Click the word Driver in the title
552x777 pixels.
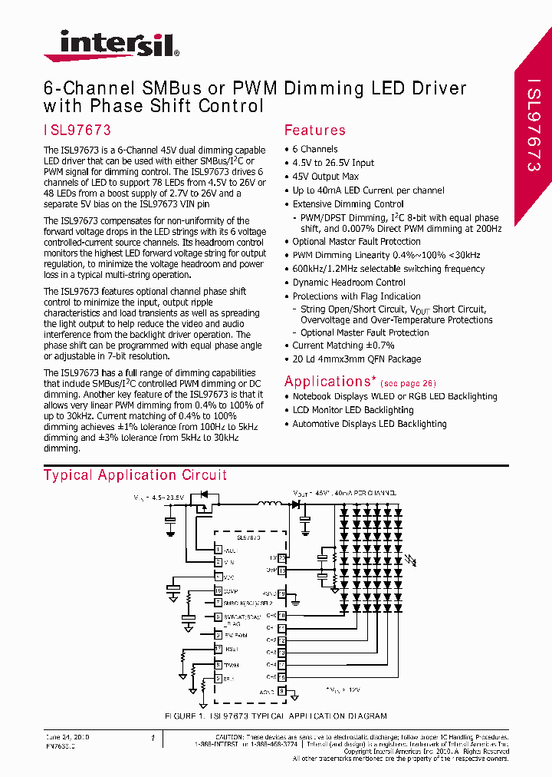tap(435, 88)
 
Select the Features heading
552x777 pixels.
tap(314, 131)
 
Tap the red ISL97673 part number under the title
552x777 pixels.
tap(77, 131)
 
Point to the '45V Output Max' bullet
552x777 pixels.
tap(325, 177)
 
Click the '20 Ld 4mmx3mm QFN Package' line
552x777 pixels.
tap(356, 359)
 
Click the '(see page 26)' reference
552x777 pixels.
tap(408, 383)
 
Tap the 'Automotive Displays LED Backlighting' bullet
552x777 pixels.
tap(369, 424)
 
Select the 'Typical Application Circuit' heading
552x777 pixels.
tap(135, 475)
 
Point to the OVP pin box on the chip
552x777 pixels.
tap(282, 570)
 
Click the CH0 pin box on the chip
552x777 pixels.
tap(282, 615)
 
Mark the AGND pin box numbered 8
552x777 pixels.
tap(282, 690)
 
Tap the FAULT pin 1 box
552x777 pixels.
tap(219, 550)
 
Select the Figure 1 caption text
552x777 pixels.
tap(276, 716)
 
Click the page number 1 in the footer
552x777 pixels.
tap(153, 738)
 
